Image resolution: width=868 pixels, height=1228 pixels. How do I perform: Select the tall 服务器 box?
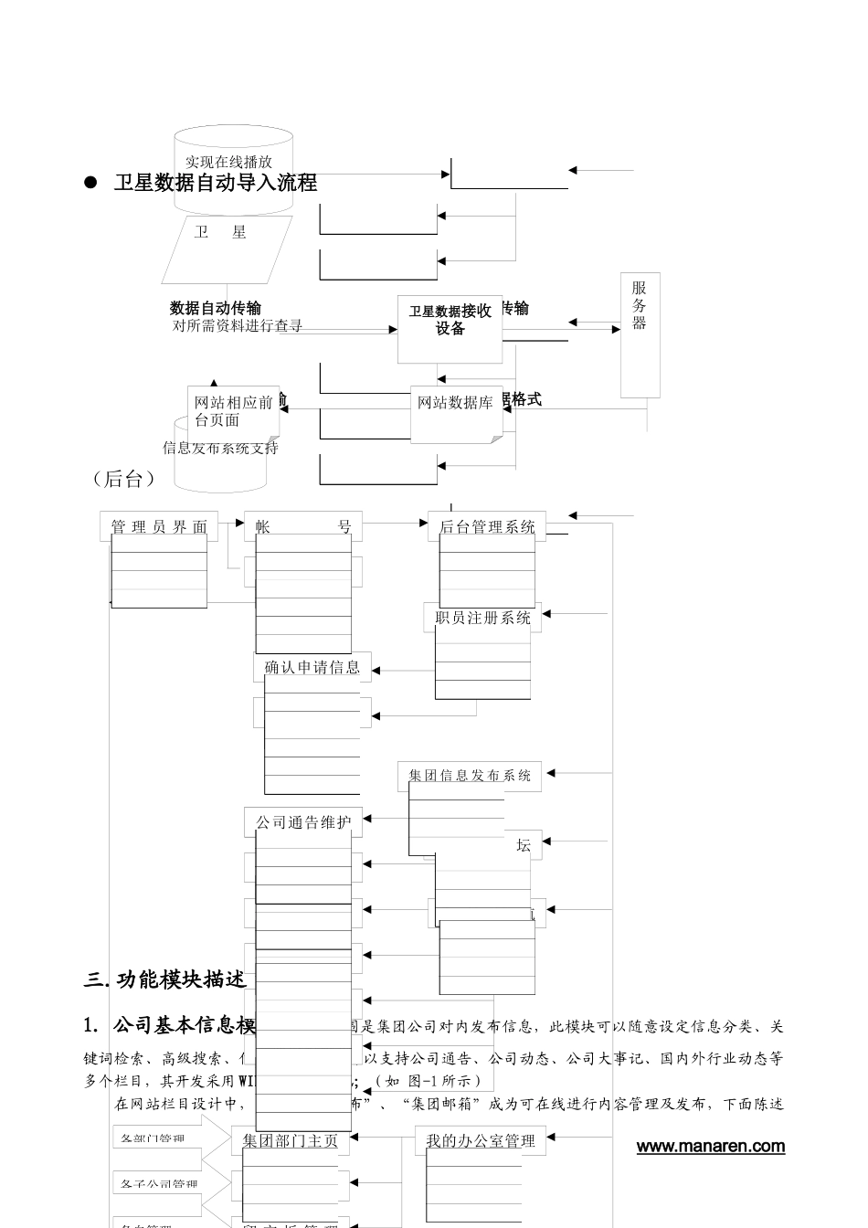pyautogui.click(x=640, y=334)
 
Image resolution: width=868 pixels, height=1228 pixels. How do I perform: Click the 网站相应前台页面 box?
pyautogui.click(x=233, y=410)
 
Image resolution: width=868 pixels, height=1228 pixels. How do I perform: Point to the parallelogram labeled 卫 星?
pyautogui.click(x=227, y=249)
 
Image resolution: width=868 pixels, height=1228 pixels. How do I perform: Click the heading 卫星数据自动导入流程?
pyautogui.click(x=216, y=183)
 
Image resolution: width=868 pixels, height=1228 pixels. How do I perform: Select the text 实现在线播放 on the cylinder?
pyautogui.click(x=228, y=162)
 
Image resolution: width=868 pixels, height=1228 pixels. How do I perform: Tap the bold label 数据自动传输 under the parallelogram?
pyautogui.click(x=216, y=308)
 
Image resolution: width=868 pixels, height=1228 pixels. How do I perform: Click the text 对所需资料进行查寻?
pyautogui.click(x=238, y=325)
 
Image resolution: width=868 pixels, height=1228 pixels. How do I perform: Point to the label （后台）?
pyautogui.click(x=124, y=479)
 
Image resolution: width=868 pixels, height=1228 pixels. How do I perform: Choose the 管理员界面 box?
pyautogui.click(x=159, y=526)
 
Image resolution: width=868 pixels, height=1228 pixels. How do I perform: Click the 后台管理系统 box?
pyautogui.click(x=487, y=526)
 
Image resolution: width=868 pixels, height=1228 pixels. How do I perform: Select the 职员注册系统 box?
pyautogui.click(x=482, y=618)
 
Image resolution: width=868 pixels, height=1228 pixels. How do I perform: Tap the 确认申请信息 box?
pyautogui.click(x=312, y=667)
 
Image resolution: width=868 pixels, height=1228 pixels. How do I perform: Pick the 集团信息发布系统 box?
pyautogui.click(x=470, y=776)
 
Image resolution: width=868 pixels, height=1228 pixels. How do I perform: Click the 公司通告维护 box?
pyautogui.click(x=303, y=822)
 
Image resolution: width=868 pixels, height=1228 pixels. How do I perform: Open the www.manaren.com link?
pyautogui.click(x=710, y=1147)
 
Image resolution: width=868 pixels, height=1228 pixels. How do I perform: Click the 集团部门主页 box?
pyautogui.click(x=291, y=1140)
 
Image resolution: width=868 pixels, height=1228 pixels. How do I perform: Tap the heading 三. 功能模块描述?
pyautogui.click(x=165, y=980)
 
